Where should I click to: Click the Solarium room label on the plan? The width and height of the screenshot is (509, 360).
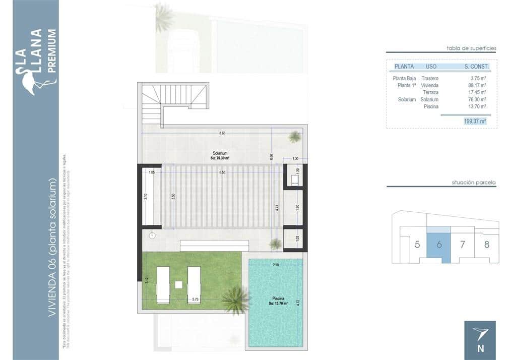[220, 153]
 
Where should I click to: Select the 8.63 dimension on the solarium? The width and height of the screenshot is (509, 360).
[222, 133]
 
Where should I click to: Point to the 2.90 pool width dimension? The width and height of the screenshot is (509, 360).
[275, 265]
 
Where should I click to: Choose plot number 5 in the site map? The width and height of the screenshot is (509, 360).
[417, 245]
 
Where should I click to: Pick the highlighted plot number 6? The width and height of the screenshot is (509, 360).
[439, 245]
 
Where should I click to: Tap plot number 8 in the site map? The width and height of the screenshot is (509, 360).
[486, 245]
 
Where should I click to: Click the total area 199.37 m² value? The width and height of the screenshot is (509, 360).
[475, 121]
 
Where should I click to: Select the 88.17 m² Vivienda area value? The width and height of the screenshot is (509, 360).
[477, 85]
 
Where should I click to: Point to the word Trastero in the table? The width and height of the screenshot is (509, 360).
[430, 78]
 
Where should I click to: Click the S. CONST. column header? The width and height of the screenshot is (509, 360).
[476, 66]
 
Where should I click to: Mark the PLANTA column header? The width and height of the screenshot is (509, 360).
[404, 66]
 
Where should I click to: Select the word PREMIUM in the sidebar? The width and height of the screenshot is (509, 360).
[51, 51]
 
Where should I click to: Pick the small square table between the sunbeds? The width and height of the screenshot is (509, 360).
[178, 284]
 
